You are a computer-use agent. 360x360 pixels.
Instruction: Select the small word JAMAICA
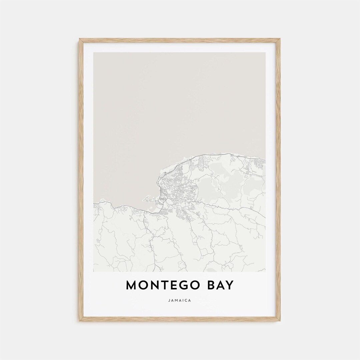click(180, 300)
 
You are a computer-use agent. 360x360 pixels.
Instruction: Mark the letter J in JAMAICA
click(170, 300)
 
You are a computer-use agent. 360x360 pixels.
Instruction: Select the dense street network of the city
click(177, 187)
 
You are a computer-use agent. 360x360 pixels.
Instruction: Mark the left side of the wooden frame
click(81, 180)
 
